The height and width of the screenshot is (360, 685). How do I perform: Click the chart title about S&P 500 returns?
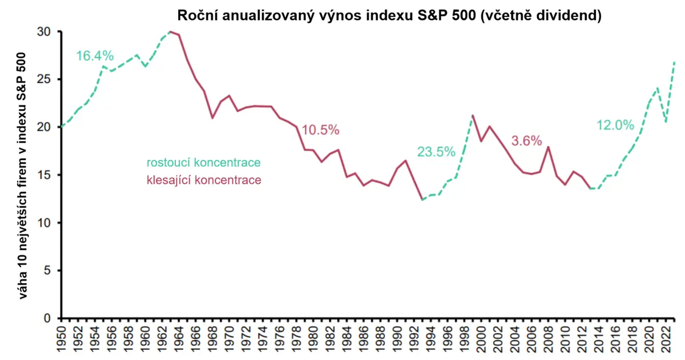[389, 15]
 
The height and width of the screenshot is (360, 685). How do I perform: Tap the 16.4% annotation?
[95, 56]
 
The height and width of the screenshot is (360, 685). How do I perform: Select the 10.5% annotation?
[320, 130]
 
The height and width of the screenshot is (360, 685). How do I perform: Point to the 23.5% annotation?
[436, 152]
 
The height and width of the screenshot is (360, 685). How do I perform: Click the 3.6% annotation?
[526, 141]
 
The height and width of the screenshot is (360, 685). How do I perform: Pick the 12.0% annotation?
[615, 126]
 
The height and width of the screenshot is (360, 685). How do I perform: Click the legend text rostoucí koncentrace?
[204, 163]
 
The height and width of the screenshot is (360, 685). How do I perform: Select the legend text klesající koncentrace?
[204, 180]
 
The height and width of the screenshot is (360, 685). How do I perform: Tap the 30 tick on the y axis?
[44, 32]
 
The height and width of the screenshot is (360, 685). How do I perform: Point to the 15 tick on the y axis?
[44, 175]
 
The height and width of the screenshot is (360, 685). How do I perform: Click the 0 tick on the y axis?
[47, 318]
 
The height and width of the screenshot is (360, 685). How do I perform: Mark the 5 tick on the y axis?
[47, 271]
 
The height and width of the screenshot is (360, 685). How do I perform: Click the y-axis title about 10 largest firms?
[22, 176]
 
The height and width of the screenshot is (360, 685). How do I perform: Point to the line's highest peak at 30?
[171, 31]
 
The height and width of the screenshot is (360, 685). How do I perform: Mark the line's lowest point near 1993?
[422, 200]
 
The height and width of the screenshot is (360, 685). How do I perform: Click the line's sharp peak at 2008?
[549, 147]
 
